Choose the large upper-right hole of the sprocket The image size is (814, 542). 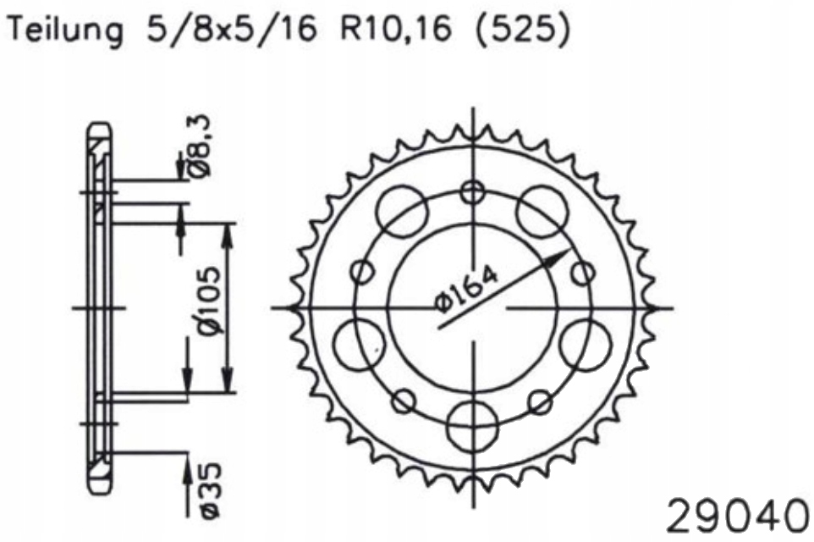542,209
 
